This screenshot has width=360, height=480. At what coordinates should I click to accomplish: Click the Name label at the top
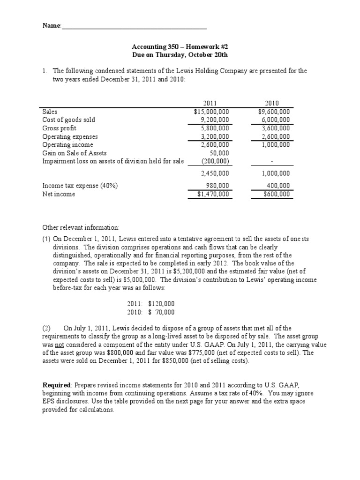click(52, 26)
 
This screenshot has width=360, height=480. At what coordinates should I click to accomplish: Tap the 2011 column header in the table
click(210, 103)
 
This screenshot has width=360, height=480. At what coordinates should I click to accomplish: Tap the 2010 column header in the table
click(272, 103)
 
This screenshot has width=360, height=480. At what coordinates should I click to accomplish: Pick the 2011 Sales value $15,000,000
click(211, 112)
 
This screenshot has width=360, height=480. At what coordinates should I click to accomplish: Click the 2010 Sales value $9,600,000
click(274, 112)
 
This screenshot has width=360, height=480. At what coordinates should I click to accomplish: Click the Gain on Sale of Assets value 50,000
click(219, 153)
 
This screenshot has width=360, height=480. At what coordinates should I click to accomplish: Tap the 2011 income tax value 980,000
click(217, 186)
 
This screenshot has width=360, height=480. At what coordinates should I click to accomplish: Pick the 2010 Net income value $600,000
click(277, 194)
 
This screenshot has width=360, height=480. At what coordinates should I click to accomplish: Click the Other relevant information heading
click(81, 227)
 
